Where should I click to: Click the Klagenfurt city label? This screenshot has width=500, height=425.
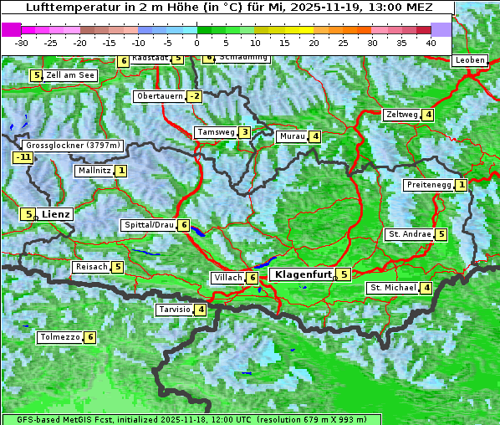301,274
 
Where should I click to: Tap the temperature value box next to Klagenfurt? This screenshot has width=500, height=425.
344,274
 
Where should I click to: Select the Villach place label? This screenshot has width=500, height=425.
227,277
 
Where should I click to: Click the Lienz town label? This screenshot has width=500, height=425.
56,214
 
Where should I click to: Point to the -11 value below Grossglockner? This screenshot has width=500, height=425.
23,157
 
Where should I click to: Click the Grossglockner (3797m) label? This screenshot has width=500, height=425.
69,145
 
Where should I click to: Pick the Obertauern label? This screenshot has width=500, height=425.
160,96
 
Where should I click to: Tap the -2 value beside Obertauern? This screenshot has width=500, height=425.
195,96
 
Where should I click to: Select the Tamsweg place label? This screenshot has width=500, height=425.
215,132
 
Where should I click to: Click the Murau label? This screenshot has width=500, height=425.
292,136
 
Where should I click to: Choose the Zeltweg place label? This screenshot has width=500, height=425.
401,115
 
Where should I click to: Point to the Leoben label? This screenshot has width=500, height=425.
470,60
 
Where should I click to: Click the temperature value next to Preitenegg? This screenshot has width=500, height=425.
461,185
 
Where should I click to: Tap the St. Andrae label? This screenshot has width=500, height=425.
409,234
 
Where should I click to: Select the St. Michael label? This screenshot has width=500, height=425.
393,288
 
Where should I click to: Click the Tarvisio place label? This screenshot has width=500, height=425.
174,310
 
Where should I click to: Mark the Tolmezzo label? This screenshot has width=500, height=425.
59,338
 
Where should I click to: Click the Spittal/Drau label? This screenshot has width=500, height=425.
149,225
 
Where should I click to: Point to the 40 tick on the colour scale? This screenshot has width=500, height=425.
431,42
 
